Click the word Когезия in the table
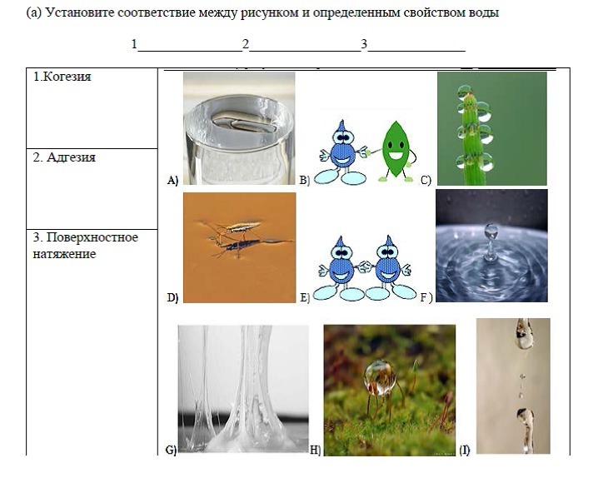[67, 77]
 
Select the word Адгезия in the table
[71, 157]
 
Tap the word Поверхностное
[92, 237]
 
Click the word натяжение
[64, 254]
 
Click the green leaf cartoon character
[395, 152]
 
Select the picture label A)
[172, 180]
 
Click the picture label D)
[172, 298]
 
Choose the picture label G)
[171, 451]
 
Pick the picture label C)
[426, 180]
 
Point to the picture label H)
[315, 451]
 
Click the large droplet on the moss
[379, 376]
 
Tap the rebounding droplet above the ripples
[491, 231]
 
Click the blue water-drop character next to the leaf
[342, 152]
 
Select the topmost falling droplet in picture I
[524, 334]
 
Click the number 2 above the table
[246, 44]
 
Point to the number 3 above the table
[364, 44]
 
